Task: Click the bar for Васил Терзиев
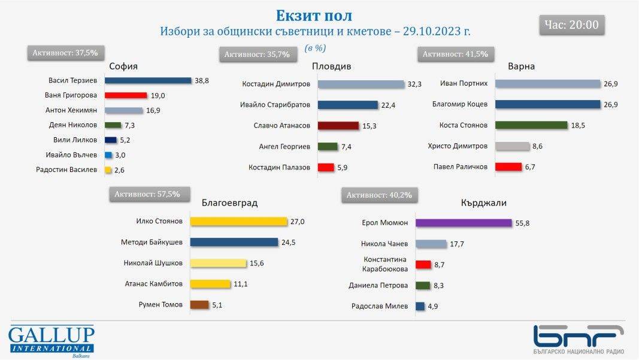148,80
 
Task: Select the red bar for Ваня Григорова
126,95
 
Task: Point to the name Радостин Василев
68,170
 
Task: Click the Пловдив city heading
331,66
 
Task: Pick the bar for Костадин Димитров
361,84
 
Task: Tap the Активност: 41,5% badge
455,54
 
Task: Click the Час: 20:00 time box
571,25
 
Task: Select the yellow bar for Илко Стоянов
239,222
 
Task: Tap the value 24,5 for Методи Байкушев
290,243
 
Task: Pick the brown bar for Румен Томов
199,304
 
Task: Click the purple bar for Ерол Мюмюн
464,223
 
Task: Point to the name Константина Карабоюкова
386,264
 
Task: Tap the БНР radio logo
579,340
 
